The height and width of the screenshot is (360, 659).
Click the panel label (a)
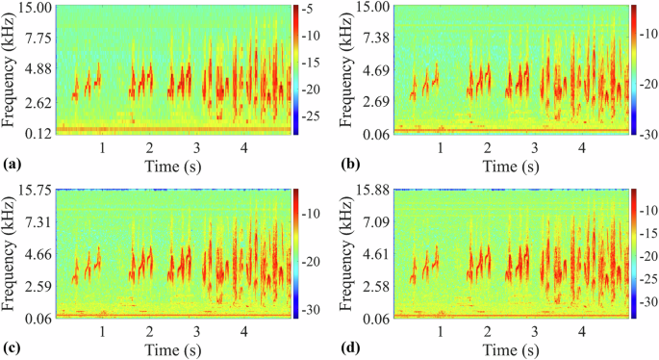(x=13, y=165)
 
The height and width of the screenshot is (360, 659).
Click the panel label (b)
(x=350, y=165)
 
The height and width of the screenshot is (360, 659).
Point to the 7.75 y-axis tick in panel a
(x=38, y=38)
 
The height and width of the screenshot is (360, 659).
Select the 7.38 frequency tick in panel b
(x=375, y=38)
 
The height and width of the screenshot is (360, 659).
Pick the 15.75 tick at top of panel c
(x=34, y=191)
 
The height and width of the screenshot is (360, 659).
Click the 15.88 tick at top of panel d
(x=371, y=191)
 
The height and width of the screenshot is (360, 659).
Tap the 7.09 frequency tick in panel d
(x=375, y=222)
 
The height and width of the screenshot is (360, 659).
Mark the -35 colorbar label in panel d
(x=648, y=301)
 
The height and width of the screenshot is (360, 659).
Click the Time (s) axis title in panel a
(x=172, y=166)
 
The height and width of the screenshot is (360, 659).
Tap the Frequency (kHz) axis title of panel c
(x=9, y=254)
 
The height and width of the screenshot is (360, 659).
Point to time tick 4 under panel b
(x=581, y=148)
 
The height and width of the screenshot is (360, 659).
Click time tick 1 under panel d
(x=440, y=333)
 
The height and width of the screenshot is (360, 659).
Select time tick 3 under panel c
(x=196, y=333)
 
